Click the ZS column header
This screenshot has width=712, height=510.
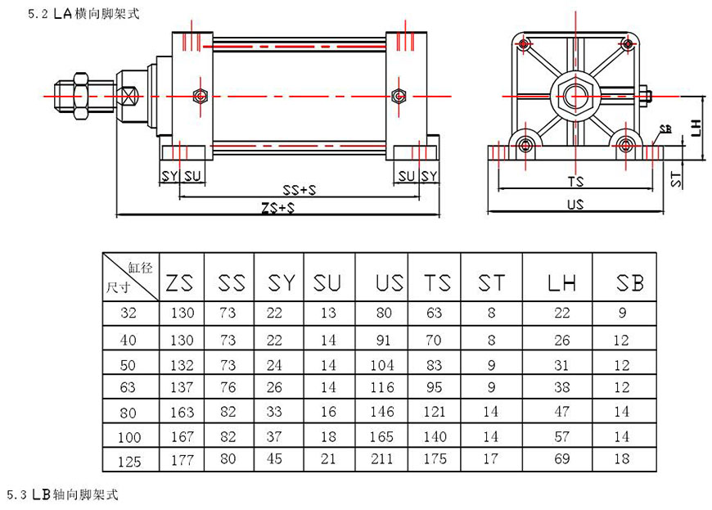pos(180,283)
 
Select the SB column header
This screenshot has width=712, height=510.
pos(629,283)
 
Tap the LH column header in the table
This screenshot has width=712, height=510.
pos(561,283)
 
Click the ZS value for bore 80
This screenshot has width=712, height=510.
pos(182,412)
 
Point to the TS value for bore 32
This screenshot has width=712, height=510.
pos(435,313)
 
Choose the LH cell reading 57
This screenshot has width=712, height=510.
pos(561,436)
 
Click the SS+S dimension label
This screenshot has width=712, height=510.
pos(300,190)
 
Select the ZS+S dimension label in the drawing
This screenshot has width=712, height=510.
pos(278,209)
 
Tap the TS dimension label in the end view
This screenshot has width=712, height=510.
pos(575,180)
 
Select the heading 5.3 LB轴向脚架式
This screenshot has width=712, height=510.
pos(64,495)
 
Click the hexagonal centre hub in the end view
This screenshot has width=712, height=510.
pos(575,97)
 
